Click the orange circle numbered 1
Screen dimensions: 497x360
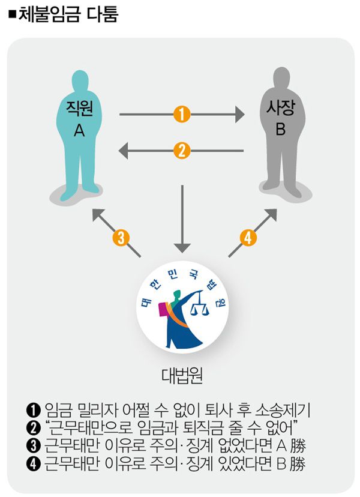point(182,113)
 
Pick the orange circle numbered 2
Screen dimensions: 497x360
point(182,149)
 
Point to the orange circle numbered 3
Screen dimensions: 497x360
point(121,238)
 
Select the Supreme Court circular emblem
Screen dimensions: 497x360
point(181,309)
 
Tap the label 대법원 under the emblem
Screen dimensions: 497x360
point(181,376)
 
